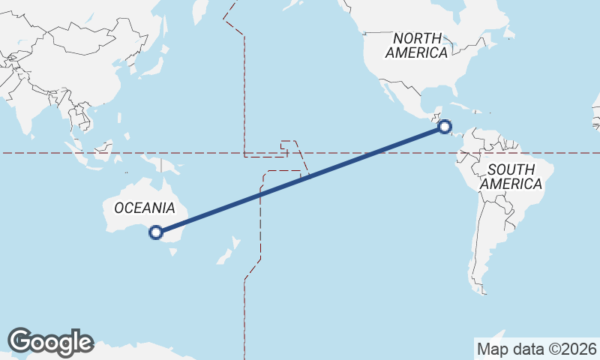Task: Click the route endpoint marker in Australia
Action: tap(155, 232)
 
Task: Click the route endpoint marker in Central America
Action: tap(445, 127)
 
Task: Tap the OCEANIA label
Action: tap(145, 208)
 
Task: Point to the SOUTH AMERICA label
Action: tap(511, 176)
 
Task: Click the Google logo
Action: tap(50, 342)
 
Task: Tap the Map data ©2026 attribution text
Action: tap(536, 349)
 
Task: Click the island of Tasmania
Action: tap(174, 251)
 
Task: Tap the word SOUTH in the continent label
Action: tap(511, 169)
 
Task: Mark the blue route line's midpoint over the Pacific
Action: tap(300, 180)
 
